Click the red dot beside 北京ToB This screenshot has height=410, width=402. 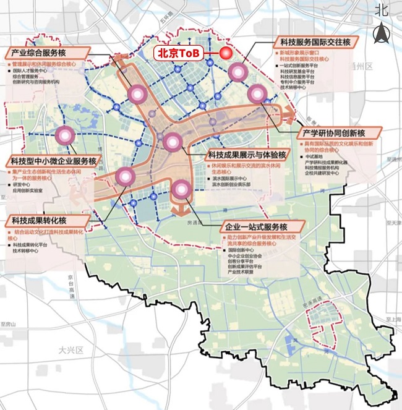[225, 53]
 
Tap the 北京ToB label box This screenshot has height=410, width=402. [179, 53]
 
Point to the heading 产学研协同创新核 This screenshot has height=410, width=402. [340, 132]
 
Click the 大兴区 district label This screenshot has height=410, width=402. [71, 350]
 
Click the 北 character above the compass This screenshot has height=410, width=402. [382, 9]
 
